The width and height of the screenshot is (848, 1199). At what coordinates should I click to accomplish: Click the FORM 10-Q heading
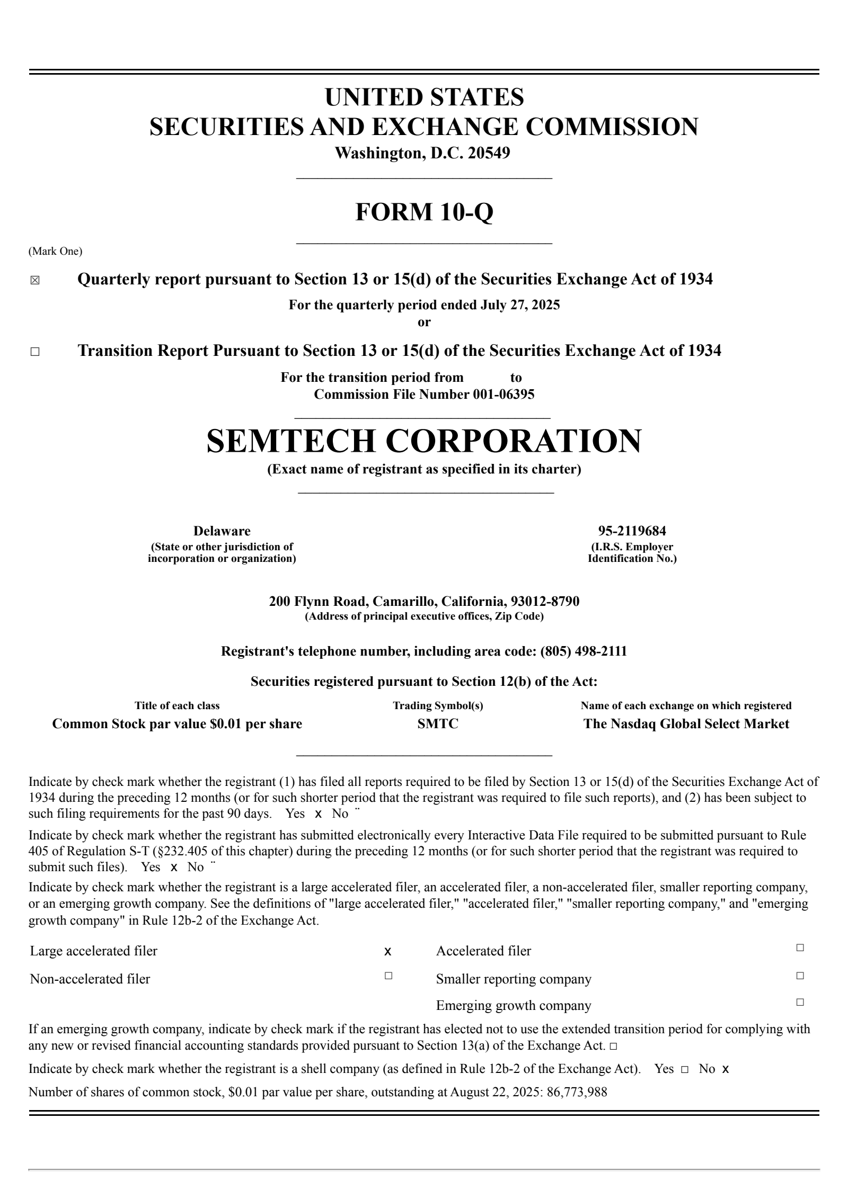pos(424,212)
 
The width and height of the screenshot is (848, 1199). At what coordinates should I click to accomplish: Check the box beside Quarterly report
pos(35,281)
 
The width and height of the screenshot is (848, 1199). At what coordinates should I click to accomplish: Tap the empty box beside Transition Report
pos(35,352)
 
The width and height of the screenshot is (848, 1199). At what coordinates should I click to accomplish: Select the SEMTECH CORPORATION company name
pos(424,441)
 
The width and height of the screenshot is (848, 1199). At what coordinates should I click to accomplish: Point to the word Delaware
pos(222,531)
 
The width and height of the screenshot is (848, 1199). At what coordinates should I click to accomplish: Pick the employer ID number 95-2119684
pos(632,531)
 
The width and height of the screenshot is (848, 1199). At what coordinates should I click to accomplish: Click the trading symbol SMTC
pos(438,724)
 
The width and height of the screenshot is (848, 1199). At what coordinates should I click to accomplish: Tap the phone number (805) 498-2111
pos(583,651)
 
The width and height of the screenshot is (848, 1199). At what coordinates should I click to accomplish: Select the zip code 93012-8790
pos(545,602)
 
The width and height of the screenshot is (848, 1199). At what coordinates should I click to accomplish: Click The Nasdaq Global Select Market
pos(686,724)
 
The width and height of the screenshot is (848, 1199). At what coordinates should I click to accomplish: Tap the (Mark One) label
pos(55,252)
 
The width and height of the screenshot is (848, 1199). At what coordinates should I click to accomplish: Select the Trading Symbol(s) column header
pos(438,706)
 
